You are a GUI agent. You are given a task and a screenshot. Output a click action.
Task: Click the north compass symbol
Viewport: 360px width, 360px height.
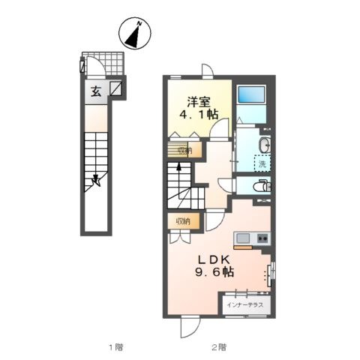pos(135,33)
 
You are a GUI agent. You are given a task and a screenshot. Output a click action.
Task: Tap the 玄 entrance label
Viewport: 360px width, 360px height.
pos(96,91)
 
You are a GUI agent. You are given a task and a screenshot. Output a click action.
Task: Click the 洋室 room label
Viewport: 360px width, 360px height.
pos(199,101)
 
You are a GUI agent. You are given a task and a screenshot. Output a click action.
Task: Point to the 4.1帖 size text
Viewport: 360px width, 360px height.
pos(199,114)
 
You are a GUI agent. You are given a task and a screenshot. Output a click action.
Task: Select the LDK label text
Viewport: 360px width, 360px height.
pos(214,260)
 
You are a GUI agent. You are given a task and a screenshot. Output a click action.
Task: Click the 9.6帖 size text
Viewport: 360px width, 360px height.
pos(214,272)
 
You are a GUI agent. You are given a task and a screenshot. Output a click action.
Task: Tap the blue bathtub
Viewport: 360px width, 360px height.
pos(251,94)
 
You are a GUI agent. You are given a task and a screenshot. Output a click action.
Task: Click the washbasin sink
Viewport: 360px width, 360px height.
pos(265,145)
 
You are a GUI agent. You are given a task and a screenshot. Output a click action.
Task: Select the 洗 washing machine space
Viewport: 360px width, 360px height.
pos(262,163)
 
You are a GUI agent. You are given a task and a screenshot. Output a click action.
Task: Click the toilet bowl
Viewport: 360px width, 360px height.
pos(261,186)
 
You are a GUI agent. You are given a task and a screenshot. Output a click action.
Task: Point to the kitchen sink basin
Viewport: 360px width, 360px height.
pos(243,238)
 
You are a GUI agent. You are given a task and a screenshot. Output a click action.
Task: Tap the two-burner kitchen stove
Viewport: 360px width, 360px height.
pos(262,238)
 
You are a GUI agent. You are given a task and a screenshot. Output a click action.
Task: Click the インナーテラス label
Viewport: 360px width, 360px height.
pos(245,305)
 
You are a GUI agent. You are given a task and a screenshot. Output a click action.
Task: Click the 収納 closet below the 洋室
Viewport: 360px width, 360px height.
pos(184,150)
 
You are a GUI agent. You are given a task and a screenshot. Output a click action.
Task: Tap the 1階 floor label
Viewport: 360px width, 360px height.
pos(116,346)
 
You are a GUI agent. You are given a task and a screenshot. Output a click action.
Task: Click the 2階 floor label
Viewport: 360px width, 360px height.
pos(219,346)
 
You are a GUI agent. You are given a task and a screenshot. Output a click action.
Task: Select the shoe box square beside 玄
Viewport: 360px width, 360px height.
pos(115,88)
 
